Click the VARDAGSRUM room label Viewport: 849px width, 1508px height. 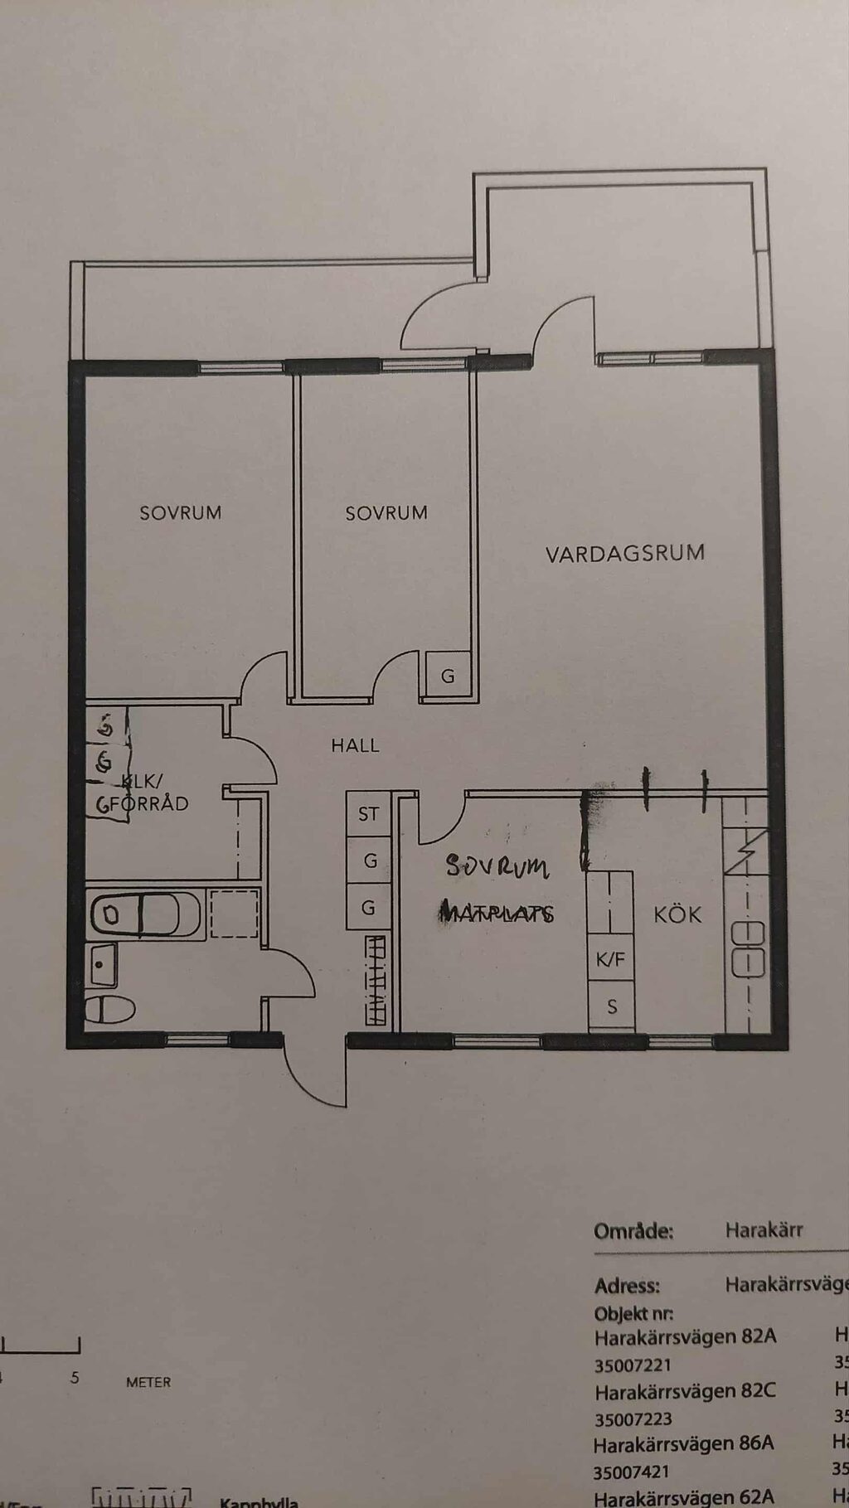pyautogui.click(x=625, y=553)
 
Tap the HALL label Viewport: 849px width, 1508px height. pyautogui.click(x=355, y=745)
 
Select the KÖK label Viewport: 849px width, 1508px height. pyautogui.click(x=677, y=914)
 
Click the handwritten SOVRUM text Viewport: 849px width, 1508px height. pyautogui.click(x=497, y=866)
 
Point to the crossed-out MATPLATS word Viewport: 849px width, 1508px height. pyautogui.click(x=497, y=913)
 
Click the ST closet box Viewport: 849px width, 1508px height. pyautogui.click(x=368, y=814)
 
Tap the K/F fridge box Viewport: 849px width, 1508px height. pyautogui.click(x=610, y=960)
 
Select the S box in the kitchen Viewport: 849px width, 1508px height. pyautogui.click(x=612, y=1006)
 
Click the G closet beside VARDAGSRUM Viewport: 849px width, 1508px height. pyautogui.click(x=448, y=676)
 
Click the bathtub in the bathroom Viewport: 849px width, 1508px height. pyautogui.click(x=145, y=914)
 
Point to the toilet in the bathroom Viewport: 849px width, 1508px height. pyautogui.click(x=109, y=1009)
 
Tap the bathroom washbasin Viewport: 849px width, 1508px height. pyautogui.click(x=103, y=964)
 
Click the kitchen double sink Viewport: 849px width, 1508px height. pyautogui.click(x=747, y=948)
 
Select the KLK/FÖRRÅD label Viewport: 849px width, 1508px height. pyautogui.click(x=143, y=793)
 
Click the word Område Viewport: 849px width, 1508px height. pyautogui.click(x=633, y=1231)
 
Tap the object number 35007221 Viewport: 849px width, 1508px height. pyautogui.click(x=633, y=1365)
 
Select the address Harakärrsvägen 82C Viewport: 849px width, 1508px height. pyautogui.click(x=685, y=1390)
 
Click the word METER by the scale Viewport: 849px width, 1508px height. pyautogui.click(x=148, y=1382)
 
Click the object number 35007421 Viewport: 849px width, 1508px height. pyautogui.click(x=633, y=1472)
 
